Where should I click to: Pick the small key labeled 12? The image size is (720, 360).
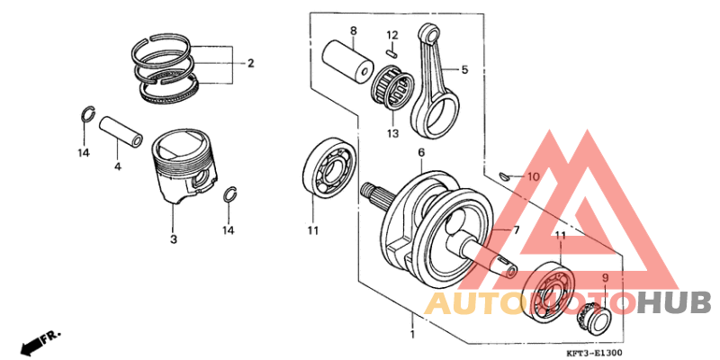tap(391, 51)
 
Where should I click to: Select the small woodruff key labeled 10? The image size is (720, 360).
tap(506, 176)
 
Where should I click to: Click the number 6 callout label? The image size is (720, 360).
tap(420, 152)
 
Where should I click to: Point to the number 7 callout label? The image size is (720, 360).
tap(517, 231)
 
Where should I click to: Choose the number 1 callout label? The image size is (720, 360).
tap(413, 335)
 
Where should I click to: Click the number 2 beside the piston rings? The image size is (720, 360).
tap(251, 63)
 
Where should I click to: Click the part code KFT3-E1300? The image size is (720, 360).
tap(594, 353)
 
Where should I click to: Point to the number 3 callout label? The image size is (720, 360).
tap(174, 239)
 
